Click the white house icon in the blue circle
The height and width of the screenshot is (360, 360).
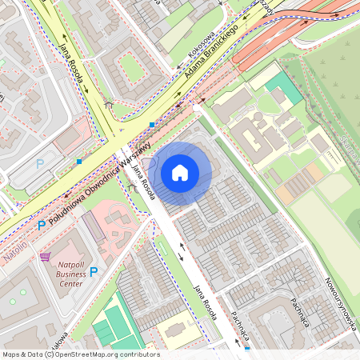[x=180, y=172]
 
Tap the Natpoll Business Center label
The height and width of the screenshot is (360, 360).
[x=70, y=274]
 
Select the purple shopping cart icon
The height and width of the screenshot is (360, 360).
[x=45, y=257]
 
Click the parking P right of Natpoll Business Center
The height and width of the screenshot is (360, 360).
[x=94, y=271]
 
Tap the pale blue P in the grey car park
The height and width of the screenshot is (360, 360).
[x=40, y=164]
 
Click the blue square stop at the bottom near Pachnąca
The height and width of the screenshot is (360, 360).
[x=246, y=349]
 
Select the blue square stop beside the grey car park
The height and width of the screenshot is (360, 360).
[x=79, y=162]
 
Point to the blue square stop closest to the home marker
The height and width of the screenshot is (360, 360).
[x=152, y=125]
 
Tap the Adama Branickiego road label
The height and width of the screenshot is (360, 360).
[x=212, y=54]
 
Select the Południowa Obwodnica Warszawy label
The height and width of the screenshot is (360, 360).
[x=88, y=190]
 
